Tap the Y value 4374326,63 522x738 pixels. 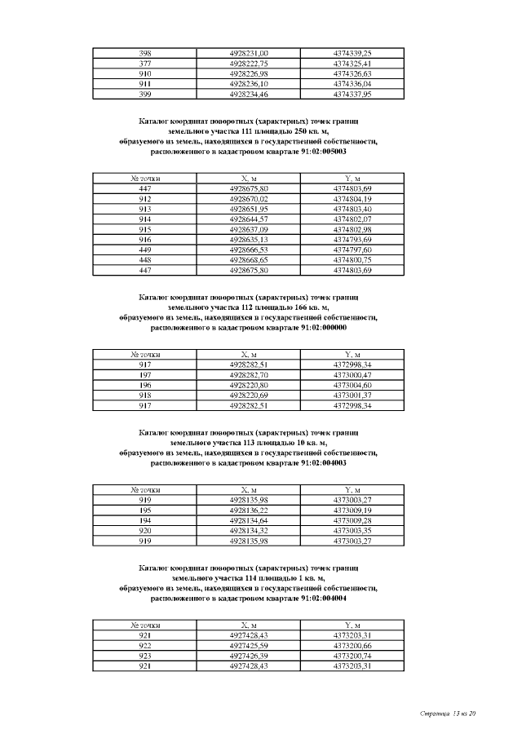coord(352,73)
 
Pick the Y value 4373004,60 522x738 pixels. coord(352,385)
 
